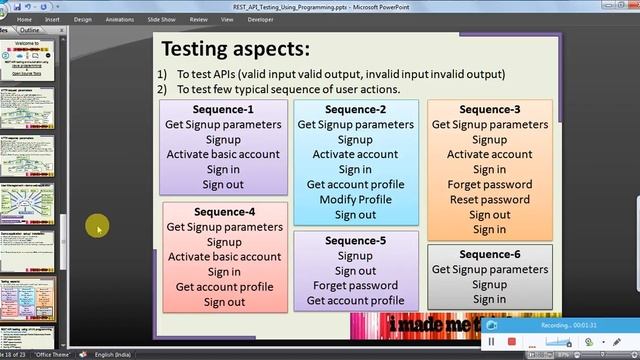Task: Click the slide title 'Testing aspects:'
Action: point(235,49)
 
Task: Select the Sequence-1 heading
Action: point(222,110)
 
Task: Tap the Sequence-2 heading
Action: point(355,110)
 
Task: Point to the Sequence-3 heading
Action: point(489,110)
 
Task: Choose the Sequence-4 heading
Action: point(224,212)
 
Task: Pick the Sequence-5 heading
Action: point(355,241)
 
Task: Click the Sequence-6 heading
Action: point(489,254)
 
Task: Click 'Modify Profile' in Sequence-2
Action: point(355,200)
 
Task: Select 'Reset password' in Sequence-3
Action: point(489,200)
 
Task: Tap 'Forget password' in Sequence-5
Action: point(355,286)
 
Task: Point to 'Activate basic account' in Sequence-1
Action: point(223,155)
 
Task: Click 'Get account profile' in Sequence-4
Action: point(224,287)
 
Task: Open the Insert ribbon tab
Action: point(52,18)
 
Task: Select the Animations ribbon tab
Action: point(120,18)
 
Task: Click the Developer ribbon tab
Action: point(261,18)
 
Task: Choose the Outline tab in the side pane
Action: point(30,30)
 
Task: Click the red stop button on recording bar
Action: point(511,341)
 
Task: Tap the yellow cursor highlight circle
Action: point(98,228)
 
